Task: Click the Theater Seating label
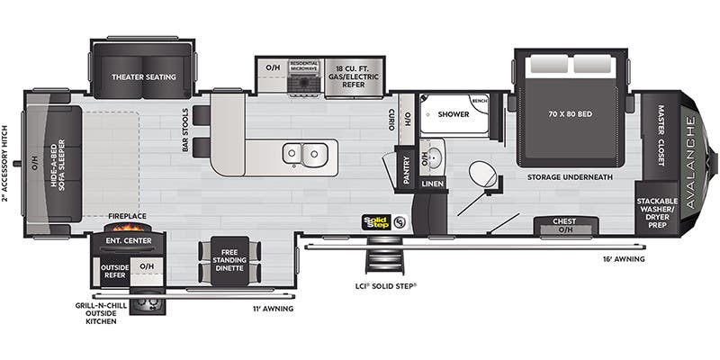click(143, 77)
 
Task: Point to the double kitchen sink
click(303, 155)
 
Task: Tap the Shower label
click(454, 115)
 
